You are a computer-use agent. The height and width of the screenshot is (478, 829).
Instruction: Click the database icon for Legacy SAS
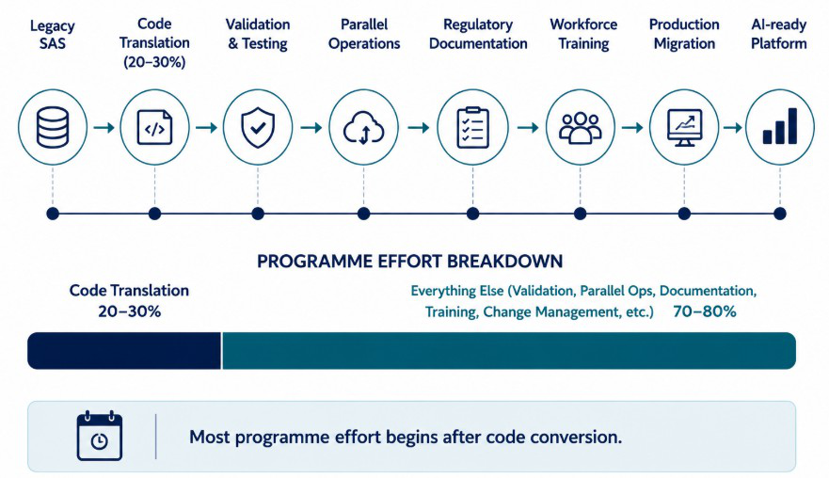click(53, 127)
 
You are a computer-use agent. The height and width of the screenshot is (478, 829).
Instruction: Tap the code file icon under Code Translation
click(154, 127)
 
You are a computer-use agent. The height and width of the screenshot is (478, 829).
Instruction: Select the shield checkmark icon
click(258, 127)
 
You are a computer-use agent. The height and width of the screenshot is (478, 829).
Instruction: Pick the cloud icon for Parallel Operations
click(364, 128)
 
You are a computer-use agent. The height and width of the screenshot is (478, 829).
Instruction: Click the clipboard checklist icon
click(472, 127)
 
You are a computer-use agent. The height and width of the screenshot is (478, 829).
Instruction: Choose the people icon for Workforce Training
click(580, 128)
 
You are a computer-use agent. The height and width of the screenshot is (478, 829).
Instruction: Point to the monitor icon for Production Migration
click(684, 128)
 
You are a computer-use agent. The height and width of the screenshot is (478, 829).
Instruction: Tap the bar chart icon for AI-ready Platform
click(780, 126)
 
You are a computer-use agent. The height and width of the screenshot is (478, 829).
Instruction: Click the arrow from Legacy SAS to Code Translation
click(104, 127)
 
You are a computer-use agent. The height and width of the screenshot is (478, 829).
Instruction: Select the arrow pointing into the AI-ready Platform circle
click(732, 127)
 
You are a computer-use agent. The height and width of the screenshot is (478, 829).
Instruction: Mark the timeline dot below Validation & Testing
click(258, 214)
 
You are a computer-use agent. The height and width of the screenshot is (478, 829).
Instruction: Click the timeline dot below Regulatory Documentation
click(472, 214)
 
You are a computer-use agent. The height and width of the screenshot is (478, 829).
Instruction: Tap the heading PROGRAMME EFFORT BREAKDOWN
click(409, 262)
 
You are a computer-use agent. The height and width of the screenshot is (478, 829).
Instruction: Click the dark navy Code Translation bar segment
click(124, 351)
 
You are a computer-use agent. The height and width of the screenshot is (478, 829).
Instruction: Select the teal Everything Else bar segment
click(509, 351)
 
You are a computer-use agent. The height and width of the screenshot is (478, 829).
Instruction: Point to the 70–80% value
click(704, 311)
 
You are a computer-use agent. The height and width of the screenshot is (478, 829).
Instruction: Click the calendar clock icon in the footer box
click(100, 436)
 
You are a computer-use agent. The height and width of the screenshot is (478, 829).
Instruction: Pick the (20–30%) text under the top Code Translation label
click(154, 62)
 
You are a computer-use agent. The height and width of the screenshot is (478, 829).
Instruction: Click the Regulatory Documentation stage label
click(478, 34)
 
